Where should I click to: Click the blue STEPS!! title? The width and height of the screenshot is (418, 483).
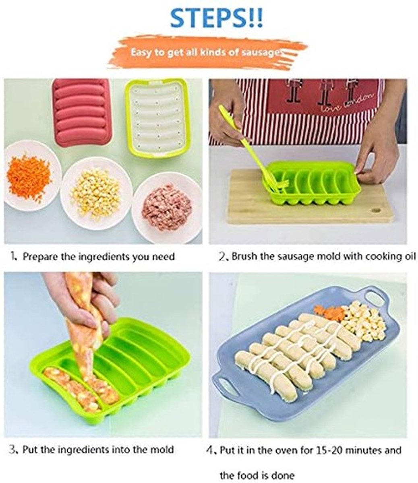pos(217,18)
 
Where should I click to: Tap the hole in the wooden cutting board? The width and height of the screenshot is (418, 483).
pos(376,209)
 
